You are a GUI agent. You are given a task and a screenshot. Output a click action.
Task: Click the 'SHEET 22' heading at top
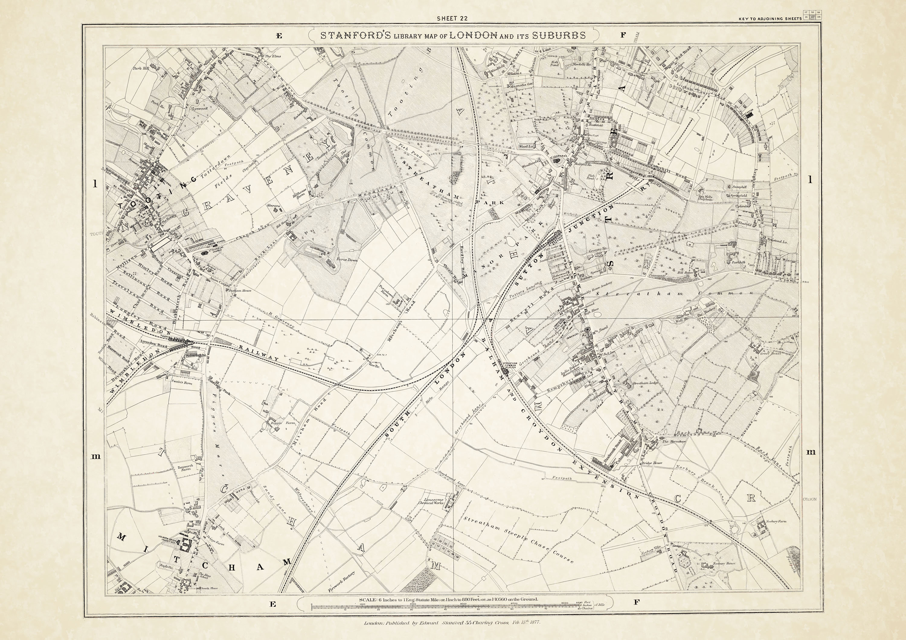(452, 18)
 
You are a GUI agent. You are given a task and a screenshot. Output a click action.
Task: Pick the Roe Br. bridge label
(373, 365)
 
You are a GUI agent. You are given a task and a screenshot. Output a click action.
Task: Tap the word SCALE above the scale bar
(368, 599)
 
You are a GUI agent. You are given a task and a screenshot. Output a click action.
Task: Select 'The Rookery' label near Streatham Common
(705, 315)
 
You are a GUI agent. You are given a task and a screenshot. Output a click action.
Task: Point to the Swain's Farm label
(182, 383)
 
